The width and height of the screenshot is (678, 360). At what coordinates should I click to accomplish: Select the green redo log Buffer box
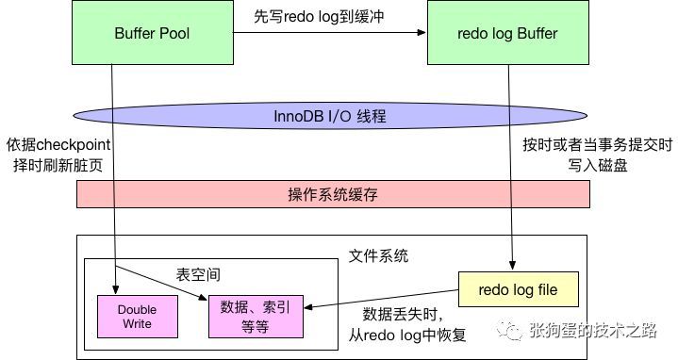point(505,33)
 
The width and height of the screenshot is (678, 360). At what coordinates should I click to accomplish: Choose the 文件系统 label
point(378,255)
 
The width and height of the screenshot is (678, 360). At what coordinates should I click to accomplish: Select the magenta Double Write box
point(137,316)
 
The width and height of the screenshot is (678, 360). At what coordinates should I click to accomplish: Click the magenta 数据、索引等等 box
point(257,316)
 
